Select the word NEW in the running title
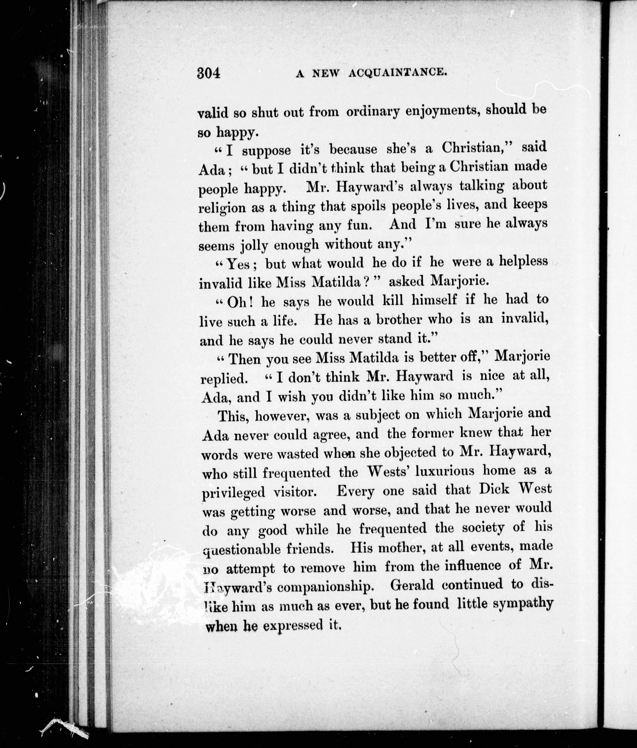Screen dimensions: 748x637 coord(326,73)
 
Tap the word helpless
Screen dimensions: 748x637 coord(523,261)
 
